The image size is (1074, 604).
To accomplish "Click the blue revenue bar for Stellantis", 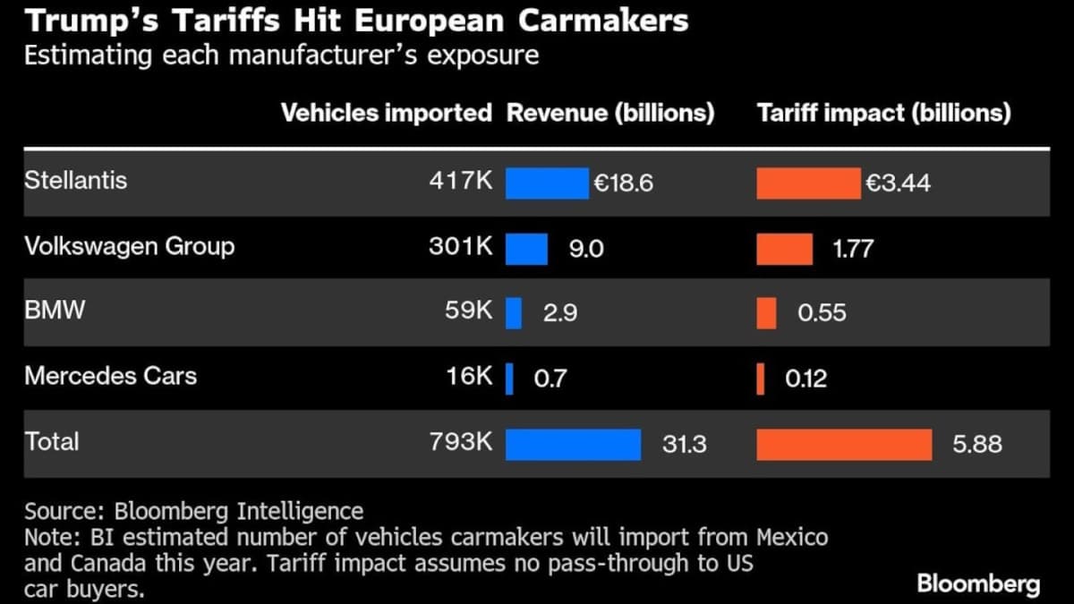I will click(546, 183).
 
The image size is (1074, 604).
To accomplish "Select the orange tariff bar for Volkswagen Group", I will click(784, 249).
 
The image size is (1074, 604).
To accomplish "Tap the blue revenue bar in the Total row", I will click(573, 444).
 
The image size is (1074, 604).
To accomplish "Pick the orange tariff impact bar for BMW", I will click(766, 313).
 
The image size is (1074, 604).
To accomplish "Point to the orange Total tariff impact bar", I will click(843, 444).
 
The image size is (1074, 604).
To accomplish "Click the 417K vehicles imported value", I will click(460, 182).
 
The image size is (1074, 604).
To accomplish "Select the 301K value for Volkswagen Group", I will click(460, 247).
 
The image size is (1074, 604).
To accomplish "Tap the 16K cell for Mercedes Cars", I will click(469, 377).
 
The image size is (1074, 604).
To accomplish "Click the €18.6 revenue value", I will click(624, 183).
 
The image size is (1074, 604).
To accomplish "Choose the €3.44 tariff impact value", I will click(898, 183).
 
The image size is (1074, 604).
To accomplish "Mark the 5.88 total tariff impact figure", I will click(977, 444).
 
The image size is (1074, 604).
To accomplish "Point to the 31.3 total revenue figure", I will click(685, 444).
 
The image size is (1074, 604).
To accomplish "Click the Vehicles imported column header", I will click(387, 114).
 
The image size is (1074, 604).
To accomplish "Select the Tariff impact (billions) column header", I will click(883, 114).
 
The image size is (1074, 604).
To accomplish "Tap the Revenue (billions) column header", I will click(610, 114).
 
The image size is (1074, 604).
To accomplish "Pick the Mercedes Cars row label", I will click(110, 376).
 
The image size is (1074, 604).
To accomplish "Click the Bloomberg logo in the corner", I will click(978, 584).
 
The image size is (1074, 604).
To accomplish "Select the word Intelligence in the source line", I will click(300, 511).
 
